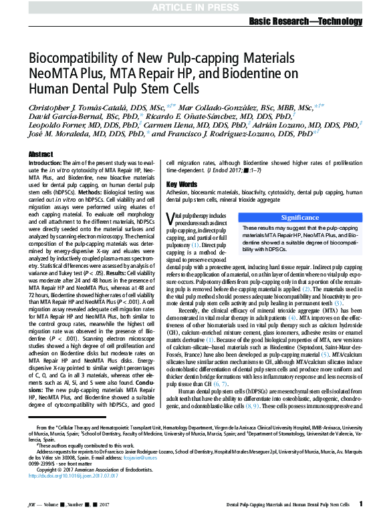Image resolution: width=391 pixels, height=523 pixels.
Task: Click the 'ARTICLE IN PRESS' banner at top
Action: [x=195, y=7]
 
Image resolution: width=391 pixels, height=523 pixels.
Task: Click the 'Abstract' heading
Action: [x=41, y=154]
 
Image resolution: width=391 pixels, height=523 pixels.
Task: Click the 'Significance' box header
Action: [x=299, y=199]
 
